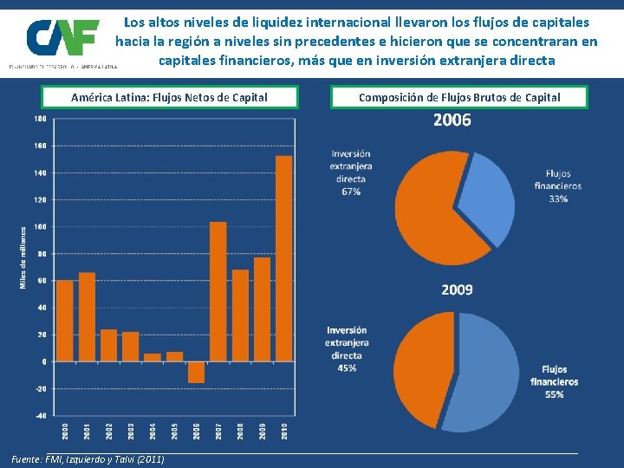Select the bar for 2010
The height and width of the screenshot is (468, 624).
click(283, 258)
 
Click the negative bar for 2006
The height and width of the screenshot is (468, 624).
click(196, 372)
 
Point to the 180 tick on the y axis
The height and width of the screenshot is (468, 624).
click(40, 119)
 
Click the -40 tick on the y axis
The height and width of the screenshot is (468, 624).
click(40, 415)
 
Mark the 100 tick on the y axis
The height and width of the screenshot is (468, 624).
click(40, 226)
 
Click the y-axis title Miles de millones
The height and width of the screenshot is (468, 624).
click(23, 258)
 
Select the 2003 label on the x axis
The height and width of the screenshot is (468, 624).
click(131, 430)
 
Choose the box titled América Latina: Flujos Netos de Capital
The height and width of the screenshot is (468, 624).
click(169, 97)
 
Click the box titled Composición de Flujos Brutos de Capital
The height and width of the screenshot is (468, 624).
click(459, 97)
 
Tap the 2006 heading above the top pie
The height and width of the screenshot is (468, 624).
click(452, 120)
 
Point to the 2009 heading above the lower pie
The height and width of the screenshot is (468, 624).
click(457, 289)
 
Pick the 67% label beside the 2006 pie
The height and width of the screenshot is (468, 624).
click(351, 192)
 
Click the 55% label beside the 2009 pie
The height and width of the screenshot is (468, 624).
click(555, 394)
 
